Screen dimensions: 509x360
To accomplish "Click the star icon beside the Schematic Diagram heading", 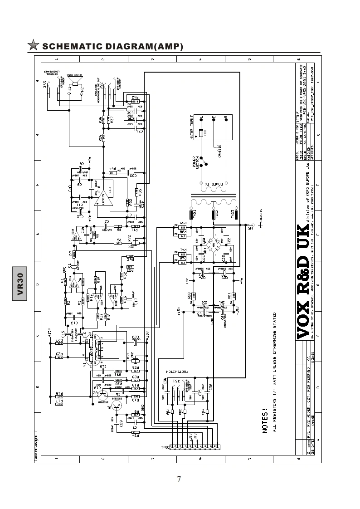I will pyautogui.click(x=33, y=45).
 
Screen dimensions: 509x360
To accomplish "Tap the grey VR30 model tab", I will pyautogui.click(x=20, y=284).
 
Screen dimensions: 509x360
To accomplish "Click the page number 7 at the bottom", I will pyautogui.click(x=179, y=479).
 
